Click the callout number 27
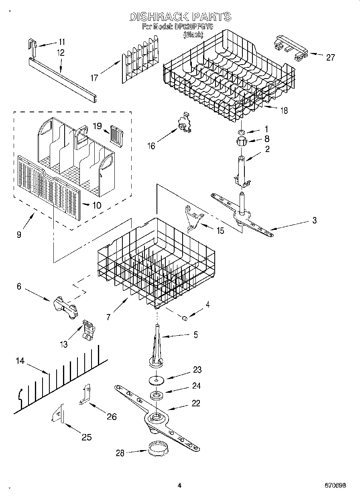tap(330, 57)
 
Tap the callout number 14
tap(20, 361)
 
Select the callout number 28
tap(120, 453)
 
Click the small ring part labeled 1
tap(241, 132)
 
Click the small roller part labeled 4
tap(185, 318)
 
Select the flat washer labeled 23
tap(154, 378)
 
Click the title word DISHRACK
tap(159, 16)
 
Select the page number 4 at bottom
tap(179, 485)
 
